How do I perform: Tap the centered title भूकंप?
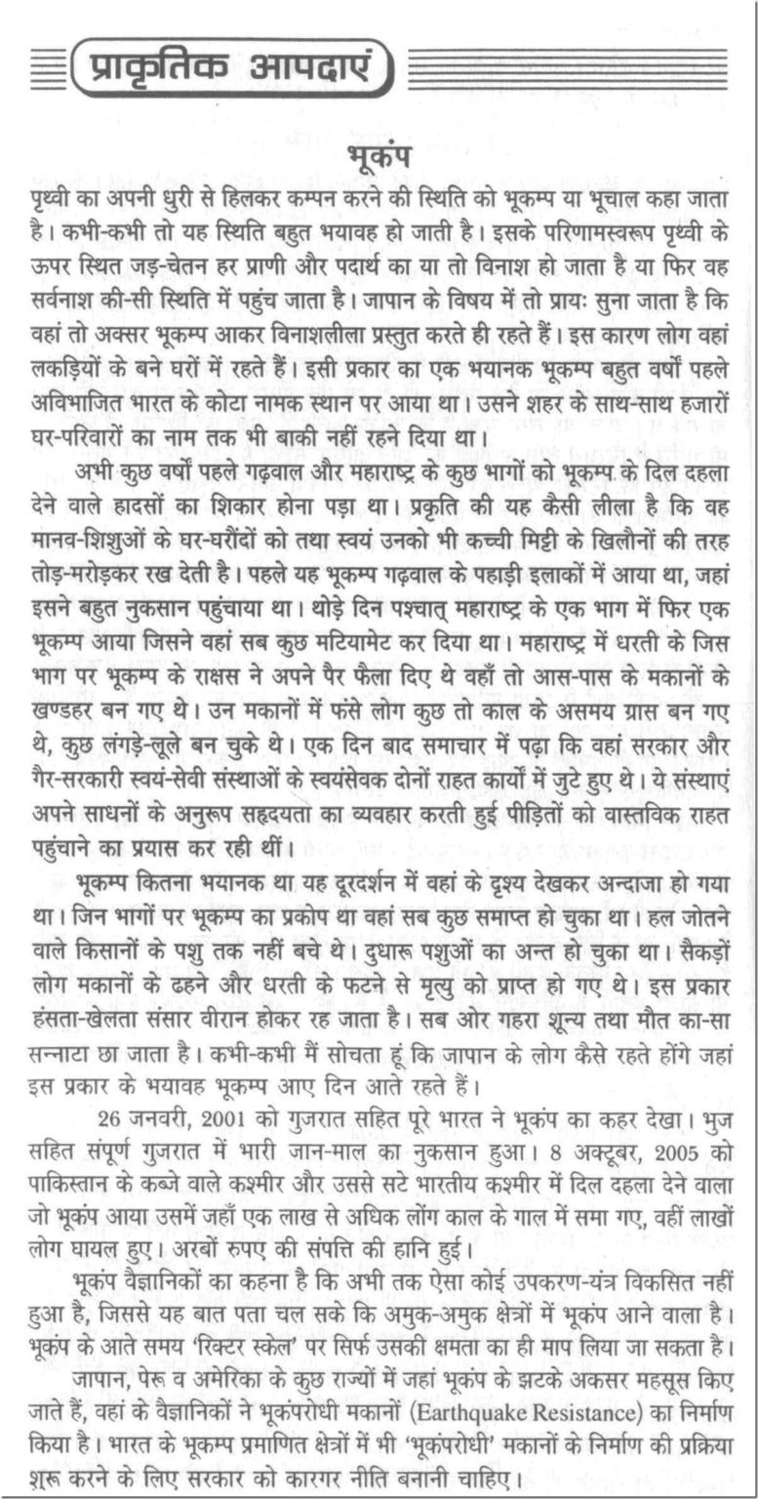pyautogui.click(x=379, y=157)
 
